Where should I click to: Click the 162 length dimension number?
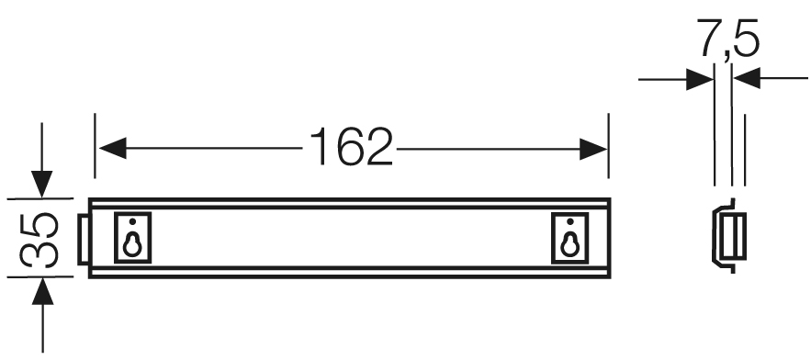pyautogui.click(x=351, y=147)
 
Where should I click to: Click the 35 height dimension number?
pyautogui.click(x=39, y=240)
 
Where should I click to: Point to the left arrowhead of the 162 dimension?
pyautogui.click(x=113, y=149)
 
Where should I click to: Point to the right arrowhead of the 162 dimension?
pyautogui.click(x=592, y=149)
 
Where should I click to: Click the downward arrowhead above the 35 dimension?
pyautogui.click(x=42, y=184)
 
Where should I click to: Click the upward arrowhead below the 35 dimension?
pyautogui.click(x=42, y=291)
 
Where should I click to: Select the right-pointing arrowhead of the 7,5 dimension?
pyautogui.click(x=700, y=79)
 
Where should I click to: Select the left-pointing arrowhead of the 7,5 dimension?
pyautogui.click(x=747, y=78)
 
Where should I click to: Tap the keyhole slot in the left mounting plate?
pyautogui.click(x=132, y=244)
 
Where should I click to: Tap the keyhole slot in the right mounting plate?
pyautogui.click(x=570, y=244)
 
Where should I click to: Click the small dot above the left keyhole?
pyautogui.click(x=132, y=221)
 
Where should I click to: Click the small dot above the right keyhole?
pyautogui.click(x=570, y=221)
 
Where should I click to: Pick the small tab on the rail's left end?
pyautogui.click(x=83, y=239)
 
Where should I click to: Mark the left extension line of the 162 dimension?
pyautogui.click(x=95, y=146)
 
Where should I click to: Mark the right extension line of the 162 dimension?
pyautogui.click(x=608, y=146)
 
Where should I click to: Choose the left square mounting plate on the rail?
pyautogui.click(x=132, y=238)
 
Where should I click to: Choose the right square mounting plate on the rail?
pyautogui.click(x=570, y=238)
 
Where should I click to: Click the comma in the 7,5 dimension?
pyautogui.click(x=727, y=58)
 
